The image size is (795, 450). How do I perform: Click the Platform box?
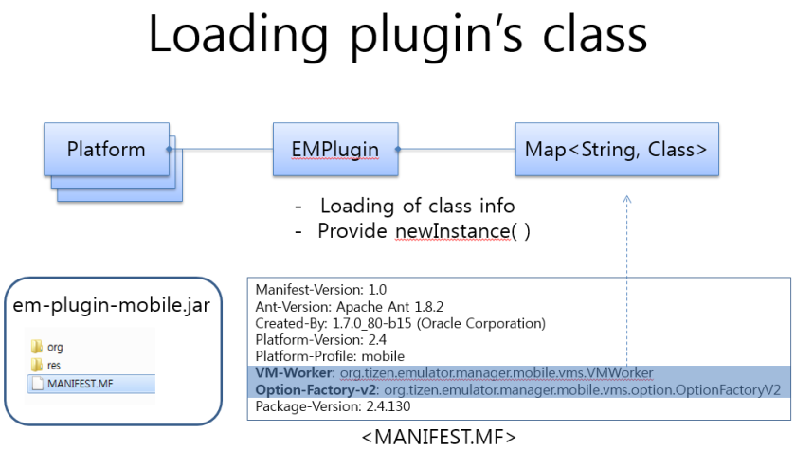(106, 150)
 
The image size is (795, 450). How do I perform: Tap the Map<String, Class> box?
(616, 150)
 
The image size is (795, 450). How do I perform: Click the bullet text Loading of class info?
(417, 206)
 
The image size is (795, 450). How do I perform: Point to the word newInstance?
(452, 231)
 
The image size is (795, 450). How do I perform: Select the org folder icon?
(37, 348)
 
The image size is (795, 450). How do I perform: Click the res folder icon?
(37, 365)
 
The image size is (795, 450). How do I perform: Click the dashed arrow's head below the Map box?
(625, 199)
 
